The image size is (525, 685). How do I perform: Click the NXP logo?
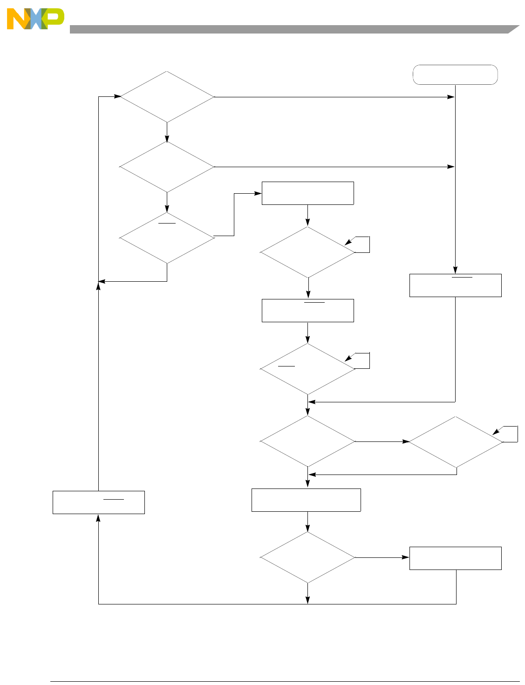click(x=35, y=19)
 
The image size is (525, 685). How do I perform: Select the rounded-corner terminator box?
click(x=455, y=75)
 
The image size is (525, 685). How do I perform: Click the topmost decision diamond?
click(x=167, y=97)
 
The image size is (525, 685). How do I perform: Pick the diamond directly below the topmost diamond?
click(x=167, y=167)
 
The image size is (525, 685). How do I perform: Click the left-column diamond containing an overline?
click(x=167, y=237)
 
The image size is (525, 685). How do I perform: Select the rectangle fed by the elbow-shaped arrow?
click(x=307, y=193)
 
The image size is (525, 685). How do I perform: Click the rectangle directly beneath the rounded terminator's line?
click(x=455, y=285)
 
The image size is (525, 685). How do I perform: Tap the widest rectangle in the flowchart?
click(x=306, y=500)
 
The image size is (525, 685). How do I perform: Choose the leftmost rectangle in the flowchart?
click(x=99, y=502)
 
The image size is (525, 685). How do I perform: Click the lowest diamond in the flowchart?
click(x=307, y=557)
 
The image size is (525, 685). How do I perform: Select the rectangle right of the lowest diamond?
click(x=455, y=558)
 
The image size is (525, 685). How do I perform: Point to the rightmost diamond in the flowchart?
click(x=456, y=441)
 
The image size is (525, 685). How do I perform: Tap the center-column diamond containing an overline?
click(x=307, y=369)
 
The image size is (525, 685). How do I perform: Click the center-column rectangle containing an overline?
click(x=307, y=311)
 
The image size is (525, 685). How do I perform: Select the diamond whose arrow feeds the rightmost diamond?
click(x=307, y=441)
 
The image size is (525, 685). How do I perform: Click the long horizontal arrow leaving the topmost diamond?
click(x=333, y=97)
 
